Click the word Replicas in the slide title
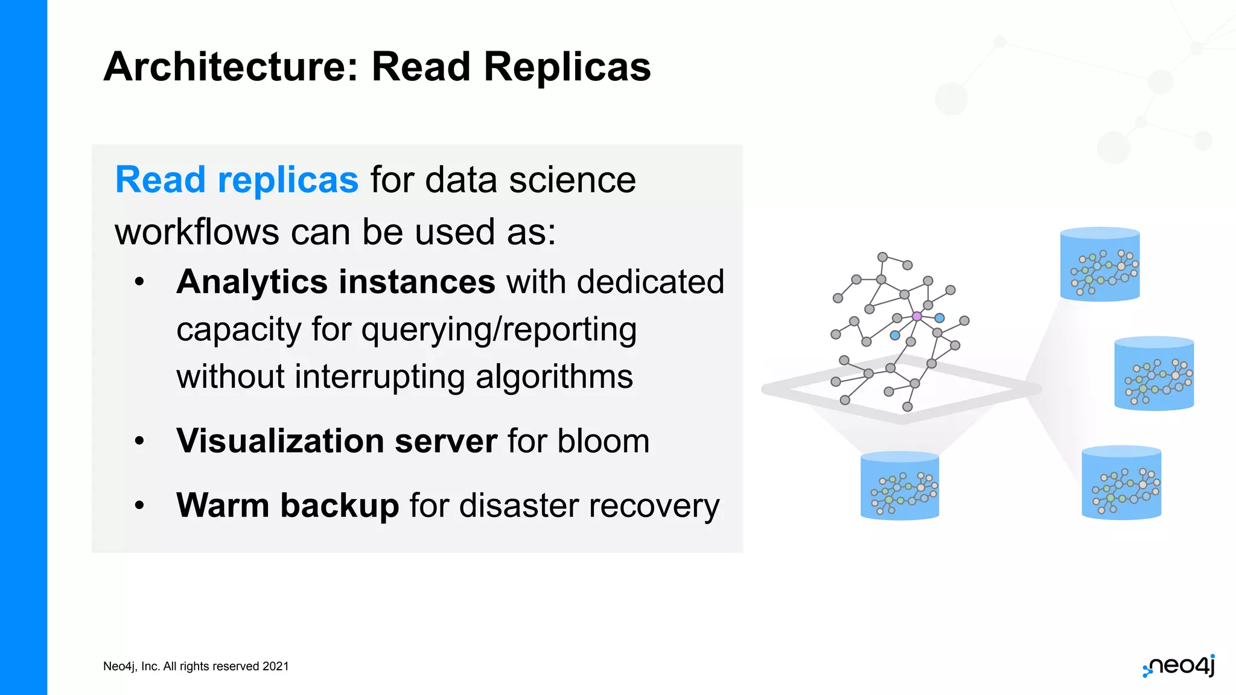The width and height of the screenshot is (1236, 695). click(x=567, y=66)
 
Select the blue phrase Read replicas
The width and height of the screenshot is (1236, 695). click(x=237, y=180)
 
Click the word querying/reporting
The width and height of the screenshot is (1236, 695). click(x=499, y=330)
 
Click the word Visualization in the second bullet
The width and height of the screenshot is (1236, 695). click(x=279, y=441)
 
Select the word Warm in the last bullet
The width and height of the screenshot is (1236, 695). click(x=223, y=506)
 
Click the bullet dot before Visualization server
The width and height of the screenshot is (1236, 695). click(x=139, y=441)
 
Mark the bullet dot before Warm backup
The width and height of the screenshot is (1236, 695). click(x=139, y=505)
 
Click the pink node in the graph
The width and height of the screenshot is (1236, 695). click(x=917, y=316)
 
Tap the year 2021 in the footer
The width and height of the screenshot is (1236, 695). click(x=276, y=667)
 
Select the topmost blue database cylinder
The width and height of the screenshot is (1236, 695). click(x=1100, y=264)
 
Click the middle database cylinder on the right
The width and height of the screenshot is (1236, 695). click(x=1153, y=374)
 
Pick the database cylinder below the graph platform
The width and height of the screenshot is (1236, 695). click(x=899, y=486)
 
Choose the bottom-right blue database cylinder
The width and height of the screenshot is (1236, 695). click(x=1121, y=483)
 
